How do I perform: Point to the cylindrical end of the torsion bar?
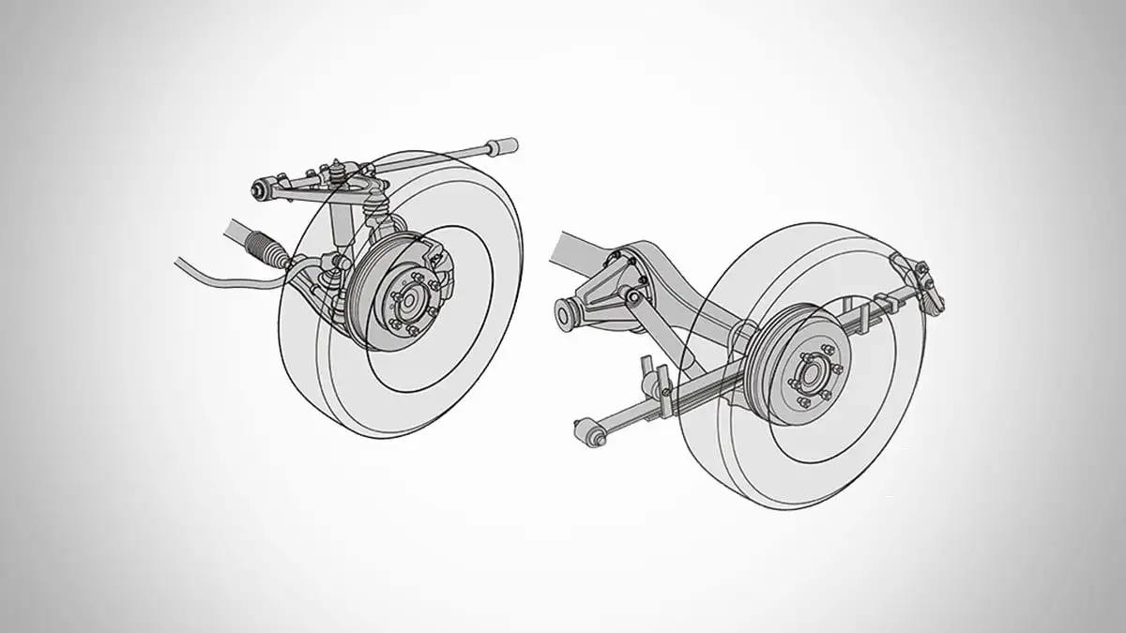point(505,146)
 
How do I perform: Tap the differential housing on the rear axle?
point(610,281)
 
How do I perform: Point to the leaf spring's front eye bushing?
point(586,429)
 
